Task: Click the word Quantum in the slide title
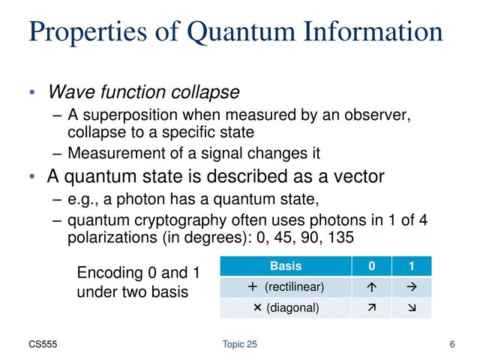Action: click(x=241, y=31)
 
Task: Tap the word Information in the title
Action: click(x=373, y=31)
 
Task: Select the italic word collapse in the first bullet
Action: click(x=205, y=92)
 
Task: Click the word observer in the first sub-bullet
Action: click(x=377, y=115)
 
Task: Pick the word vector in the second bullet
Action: click(x=358, y=176)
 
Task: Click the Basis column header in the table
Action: click(x=286, y=265)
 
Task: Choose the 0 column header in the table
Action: click(x=372, y=265)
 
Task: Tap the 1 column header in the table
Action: click(x=412, y=265)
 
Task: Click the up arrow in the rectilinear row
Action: click(x=372, y=286)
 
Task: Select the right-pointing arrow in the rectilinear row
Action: click(x=412, y=286)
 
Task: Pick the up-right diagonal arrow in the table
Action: click(x=372, y=307)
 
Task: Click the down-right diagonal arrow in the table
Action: click(x=412, y=307)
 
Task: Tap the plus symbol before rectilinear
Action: click(x=253, y=286)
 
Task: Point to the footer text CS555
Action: click(x=43, y=344)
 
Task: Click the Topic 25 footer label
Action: click(x=240, y=344)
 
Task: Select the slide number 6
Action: click(x=452, y=344)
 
